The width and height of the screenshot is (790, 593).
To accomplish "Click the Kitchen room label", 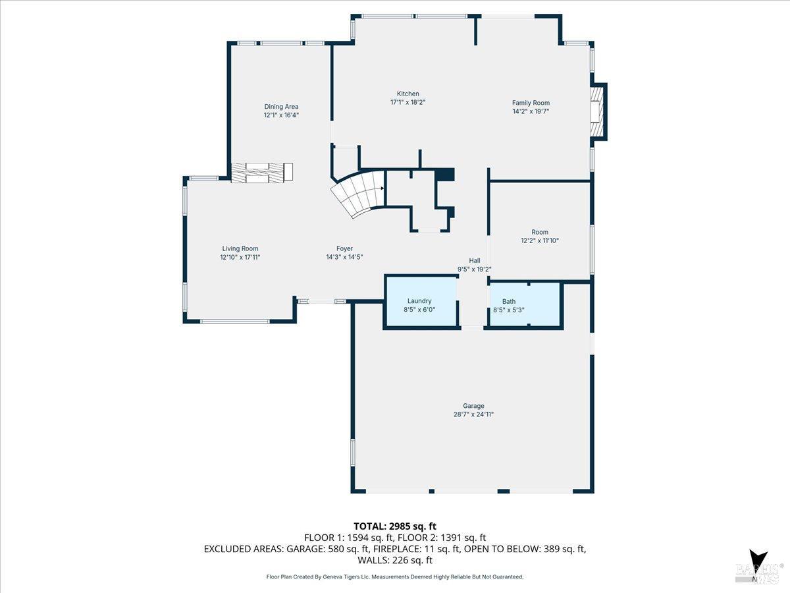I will coord(408,94).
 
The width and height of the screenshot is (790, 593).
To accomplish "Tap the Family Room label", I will coord(531,103).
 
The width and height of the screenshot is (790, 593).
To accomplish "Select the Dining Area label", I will coord(281,107).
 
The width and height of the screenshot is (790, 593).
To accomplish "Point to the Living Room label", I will coord(240,248).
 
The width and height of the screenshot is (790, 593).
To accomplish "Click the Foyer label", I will coord(344,248).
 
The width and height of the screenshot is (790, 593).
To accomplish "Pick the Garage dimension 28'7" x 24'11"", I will coord(473,414).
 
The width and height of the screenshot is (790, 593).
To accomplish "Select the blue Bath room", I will coord(524,304).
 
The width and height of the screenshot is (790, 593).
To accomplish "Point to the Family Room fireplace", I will coord(596,111).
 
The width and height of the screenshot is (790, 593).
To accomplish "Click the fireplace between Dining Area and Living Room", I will coord(262,171).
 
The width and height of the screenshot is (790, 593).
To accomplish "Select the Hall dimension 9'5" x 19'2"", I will coord(475,269).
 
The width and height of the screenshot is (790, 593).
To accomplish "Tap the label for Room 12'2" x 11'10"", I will coord(540,232).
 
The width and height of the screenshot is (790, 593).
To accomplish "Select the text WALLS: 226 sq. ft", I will coord(395,561).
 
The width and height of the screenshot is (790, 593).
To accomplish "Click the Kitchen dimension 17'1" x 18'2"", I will coord(408,102).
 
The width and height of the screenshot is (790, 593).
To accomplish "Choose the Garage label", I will coord(473,406).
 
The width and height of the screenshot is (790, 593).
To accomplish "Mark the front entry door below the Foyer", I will coord(321,301).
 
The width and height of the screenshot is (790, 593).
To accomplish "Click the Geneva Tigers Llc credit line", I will coord(395,577).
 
